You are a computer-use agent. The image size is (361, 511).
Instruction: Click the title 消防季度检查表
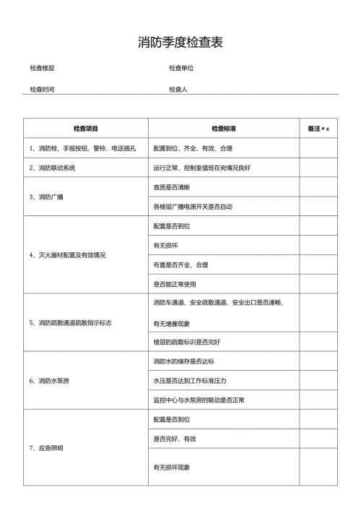180,43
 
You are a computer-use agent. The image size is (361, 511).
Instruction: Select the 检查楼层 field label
42,68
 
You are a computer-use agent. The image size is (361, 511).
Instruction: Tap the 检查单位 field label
181,68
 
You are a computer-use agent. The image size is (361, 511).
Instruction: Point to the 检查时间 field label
42,90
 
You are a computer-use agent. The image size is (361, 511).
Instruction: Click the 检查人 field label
178,90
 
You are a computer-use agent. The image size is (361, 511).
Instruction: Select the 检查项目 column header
85,129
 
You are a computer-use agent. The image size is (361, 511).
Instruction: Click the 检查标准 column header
224,129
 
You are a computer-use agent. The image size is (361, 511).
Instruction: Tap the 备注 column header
315,129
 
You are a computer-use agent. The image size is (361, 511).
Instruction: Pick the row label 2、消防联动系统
52,168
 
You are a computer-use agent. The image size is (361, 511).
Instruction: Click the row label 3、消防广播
46,197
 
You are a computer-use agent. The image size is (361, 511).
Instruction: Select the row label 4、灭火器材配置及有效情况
67,255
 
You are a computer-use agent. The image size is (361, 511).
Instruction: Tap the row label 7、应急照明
46,448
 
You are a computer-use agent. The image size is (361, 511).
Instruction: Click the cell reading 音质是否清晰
172,187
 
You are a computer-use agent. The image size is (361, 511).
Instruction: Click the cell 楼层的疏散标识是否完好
186,341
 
